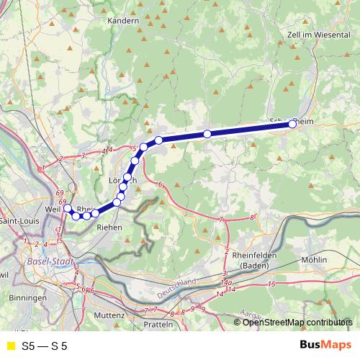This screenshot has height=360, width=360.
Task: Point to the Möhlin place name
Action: click(x=314, y=259)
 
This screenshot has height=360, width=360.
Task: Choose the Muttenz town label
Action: click(x=109, y=315)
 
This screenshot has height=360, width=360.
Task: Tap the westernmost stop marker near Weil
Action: click(x=68, y=209)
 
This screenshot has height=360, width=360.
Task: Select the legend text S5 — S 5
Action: click(x=45, y=346)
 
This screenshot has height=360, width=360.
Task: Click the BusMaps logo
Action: click(x=325, y=346)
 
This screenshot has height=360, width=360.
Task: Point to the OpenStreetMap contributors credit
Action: click(x=298, y=322)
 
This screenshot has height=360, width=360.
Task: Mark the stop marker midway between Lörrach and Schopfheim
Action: click(x=207, y=134)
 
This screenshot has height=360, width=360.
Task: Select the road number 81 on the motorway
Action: click(x=253, y=216)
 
